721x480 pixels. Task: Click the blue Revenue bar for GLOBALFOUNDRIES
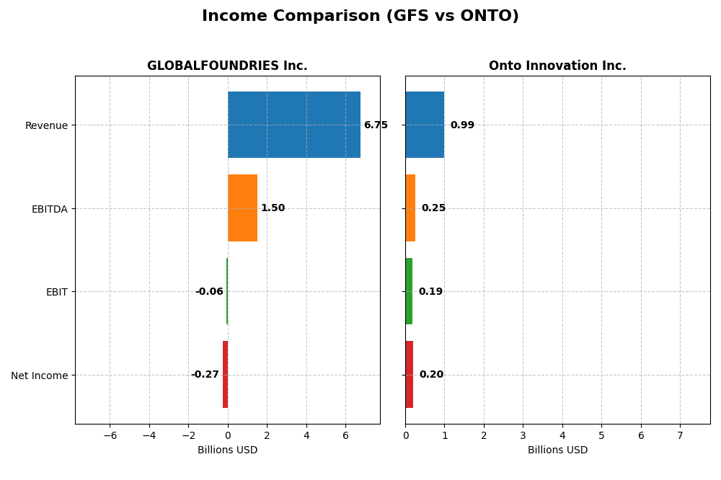[x=293, y=125]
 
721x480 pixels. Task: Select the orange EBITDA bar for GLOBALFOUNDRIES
[x=242, y=208]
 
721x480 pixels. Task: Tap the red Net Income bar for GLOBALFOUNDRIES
[x=225, y=375]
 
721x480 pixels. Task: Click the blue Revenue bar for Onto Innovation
[x=425, y=125]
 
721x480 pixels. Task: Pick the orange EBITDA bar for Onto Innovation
[x=410, y=208]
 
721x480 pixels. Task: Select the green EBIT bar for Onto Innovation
[x=409, y=291]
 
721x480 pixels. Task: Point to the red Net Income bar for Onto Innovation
[x=409, y=375]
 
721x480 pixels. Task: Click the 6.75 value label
[x=376, y=125]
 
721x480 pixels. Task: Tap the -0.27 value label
[x=205, y=375]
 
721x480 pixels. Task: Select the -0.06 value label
[x=209, y=292]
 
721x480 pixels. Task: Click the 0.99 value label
[x=462, y=125]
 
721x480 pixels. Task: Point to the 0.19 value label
[x=430, y=292]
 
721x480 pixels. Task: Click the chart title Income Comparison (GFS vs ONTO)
[x=360, y=17]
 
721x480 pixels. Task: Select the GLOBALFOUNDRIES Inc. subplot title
[x=227, y=66]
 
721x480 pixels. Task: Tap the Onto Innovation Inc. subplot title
[x=557, y=66]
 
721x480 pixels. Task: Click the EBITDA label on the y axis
[x=50, y=209]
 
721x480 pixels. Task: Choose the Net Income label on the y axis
[x=40, y=375]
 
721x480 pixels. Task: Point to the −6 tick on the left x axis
[x=110, y=435]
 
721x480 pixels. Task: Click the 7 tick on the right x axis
[x=680, y=435]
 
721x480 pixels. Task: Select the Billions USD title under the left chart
[x=227, y=450]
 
